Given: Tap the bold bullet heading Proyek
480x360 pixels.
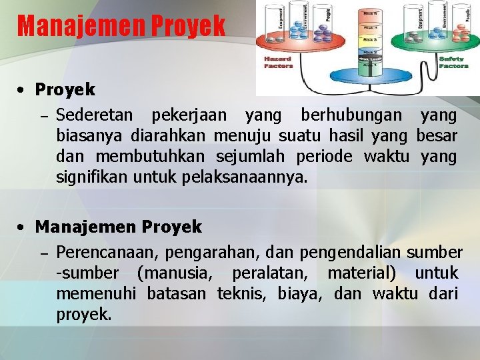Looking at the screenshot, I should point(65,89).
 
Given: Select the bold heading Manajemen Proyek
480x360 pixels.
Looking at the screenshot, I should point(118,227).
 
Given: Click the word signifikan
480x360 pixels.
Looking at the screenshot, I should point(92,178).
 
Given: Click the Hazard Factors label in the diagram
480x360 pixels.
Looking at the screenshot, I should point(278,62).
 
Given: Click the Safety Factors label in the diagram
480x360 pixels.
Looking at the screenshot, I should point(453,62).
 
